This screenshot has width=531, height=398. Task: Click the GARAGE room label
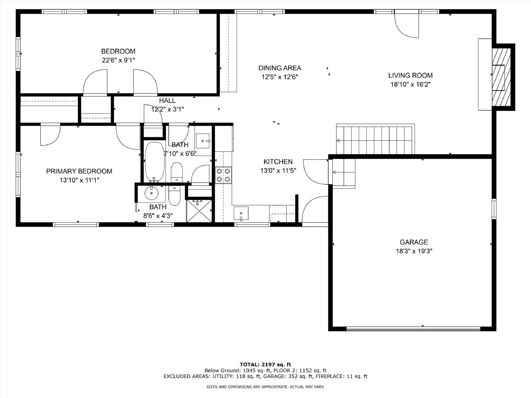click(414, 242)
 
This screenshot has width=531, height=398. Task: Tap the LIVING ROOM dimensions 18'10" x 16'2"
click(410, 84)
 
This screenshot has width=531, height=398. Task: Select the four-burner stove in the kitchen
click(223, 175)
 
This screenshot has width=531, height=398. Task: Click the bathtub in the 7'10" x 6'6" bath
click(155, 162)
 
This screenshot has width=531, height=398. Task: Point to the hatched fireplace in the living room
click(501, 77)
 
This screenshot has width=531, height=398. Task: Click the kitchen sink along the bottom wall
click(241, 213)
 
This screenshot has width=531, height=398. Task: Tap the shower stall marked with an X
click(199, 211)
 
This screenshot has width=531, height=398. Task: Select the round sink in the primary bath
click(151, 193)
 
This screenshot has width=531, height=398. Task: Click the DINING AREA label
click(279, 68)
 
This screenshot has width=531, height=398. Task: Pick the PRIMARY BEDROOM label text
click(79, 171)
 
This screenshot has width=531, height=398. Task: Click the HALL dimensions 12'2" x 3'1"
click(168, 109)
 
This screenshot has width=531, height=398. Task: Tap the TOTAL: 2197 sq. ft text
click(265, 365)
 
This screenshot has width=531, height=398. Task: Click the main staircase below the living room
click(375, 140)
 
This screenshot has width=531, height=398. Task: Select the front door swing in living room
click(407, 25)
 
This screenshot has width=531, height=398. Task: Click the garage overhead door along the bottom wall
click(413, 329)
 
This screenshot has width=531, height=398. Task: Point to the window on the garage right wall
click(494, 209)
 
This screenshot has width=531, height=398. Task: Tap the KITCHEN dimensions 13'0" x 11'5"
click(278, 170)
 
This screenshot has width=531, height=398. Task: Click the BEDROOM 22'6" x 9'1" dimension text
click(118, 60)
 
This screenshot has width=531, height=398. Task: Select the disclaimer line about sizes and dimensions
click(265, 387)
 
